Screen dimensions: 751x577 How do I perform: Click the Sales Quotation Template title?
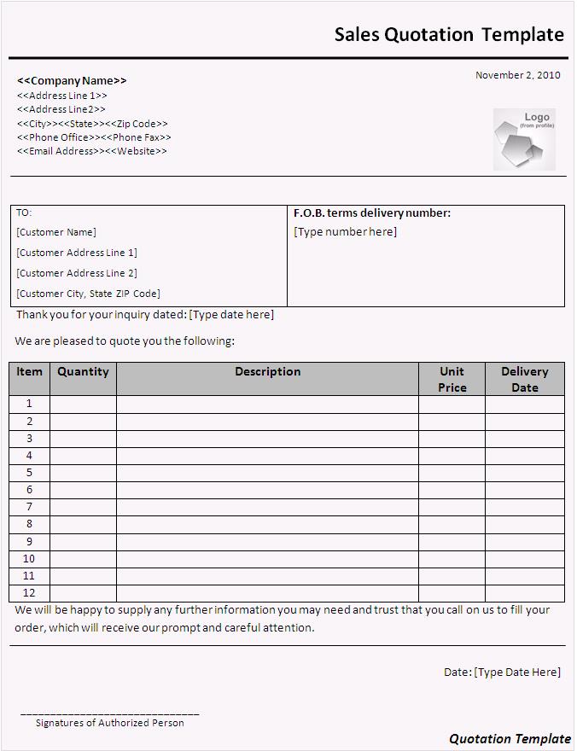(448, 34)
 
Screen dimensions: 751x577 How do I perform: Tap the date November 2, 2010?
(517, 75)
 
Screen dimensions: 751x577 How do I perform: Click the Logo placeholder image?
(523, 138)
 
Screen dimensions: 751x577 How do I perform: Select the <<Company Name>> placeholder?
(72, 80)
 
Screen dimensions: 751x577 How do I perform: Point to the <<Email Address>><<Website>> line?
(92, 151)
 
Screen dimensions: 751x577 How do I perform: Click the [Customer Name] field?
(56, 232)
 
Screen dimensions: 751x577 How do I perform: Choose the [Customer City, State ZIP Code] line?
(88, 294)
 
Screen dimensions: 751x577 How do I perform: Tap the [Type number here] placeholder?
(345, 232)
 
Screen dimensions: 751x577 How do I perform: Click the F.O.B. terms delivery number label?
(371, 213)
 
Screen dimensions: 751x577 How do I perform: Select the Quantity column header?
(83, 372)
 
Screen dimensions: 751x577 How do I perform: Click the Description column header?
(267, 372)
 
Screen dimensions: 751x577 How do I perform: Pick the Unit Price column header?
(452, 379)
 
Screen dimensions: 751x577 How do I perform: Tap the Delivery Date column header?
(524, 379)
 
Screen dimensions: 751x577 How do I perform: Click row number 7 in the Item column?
(29, 507)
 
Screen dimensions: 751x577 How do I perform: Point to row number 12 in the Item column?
(29, 593)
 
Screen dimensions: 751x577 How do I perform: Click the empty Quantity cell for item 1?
(83, 404)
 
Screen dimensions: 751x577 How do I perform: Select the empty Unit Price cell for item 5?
(452, 473)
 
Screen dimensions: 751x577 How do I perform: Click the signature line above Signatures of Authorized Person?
(109, 713)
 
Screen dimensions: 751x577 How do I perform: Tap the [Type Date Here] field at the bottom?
(517, 672)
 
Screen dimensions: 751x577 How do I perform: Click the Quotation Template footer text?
(510, 739)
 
